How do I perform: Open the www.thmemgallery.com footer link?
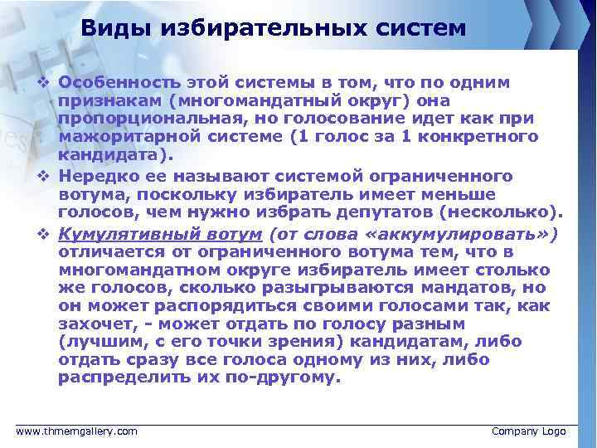[77, 431]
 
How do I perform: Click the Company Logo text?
[528, 431]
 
